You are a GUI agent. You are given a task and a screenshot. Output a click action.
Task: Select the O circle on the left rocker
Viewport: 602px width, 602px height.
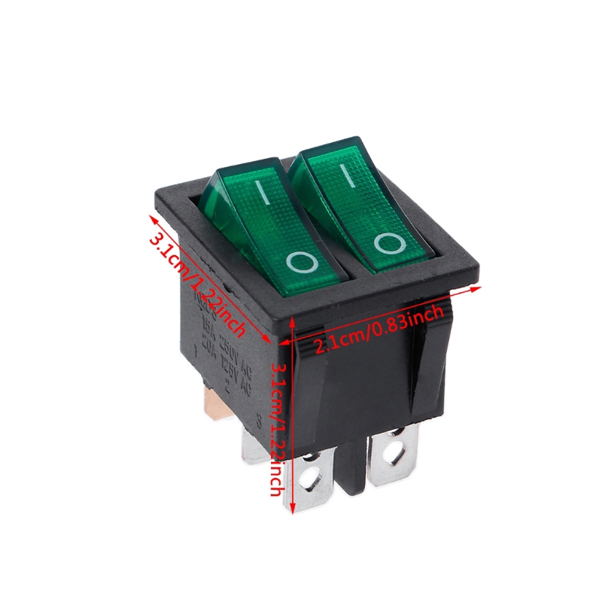point(300,262)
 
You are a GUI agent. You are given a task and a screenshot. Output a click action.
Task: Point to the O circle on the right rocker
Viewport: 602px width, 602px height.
point(389,242)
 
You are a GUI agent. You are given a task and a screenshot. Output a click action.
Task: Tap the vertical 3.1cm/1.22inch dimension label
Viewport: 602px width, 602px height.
point(278,429)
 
